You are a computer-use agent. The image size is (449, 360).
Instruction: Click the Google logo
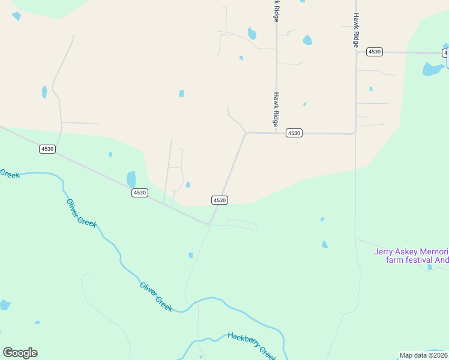point(20,353)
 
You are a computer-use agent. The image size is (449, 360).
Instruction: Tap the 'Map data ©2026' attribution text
point(424,355)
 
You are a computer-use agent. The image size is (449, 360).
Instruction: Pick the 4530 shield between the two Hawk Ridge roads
point(294,133)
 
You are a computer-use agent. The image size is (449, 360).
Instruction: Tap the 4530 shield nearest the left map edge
point(47,149)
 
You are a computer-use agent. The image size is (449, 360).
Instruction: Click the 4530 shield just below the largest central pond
point(140,193)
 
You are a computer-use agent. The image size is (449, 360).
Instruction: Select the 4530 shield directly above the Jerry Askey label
point(375,52)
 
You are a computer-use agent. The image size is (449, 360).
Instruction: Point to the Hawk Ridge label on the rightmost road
point(356,31)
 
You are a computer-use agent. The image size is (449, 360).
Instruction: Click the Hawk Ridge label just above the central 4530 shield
point(277,109)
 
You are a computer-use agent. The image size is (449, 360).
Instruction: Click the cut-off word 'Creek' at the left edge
point(10,173)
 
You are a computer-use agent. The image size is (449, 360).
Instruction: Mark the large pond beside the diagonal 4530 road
point(131,179)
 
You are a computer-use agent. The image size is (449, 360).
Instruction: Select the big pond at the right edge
point(432,69)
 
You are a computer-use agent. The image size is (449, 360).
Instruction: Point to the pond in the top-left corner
point(16,16)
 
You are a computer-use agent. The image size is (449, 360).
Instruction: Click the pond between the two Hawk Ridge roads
point(307,40)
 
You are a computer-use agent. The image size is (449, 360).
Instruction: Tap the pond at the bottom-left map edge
point(5,305)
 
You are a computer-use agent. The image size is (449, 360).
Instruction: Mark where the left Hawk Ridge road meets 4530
point(276,133)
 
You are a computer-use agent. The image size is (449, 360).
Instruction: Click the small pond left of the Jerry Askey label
point(324,244)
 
